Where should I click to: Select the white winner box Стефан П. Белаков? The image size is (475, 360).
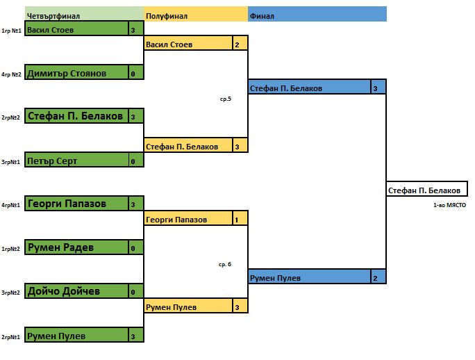[424, 190]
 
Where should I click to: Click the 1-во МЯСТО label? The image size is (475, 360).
[449, 206]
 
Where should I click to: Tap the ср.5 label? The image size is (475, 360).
[225, 99]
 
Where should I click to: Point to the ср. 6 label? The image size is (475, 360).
[225, 264]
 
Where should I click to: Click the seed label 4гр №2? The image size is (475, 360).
[11, 74]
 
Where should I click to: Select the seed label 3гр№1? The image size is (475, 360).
[11, 162]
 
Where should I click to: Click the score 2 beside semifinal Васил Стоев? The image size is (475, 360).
[237, 44]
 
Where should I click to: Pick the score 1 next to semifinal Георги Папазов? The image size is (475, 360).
[237, 220]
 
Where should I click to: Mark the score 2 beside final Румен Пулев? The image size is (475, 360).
[376, 278]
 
